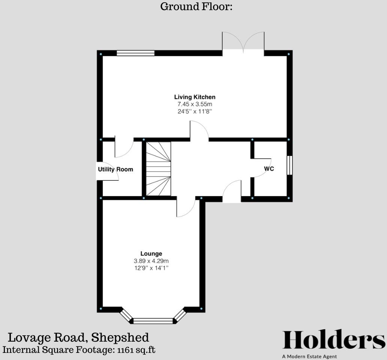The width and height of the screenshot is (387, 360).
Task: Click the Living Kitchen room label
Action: pyautogui.click(x=195, y=97)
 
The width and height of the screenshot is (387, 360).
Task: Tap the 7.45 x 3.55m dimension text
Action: pyautogui.click(x=195, y=104)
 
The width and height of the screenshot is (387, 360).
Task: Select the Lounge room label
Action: pyautogui.click(x=151, y=253)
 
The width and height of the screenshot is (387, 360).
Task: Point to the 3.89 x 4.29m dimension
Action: pyautogui.click(x=151, y=261)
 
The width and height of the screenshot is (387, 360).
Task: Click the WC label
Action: pyautogui.click(x=269, y=169)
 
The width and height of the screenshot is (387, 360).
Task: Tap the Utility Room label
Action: pyautogui.click(x=115, y=169)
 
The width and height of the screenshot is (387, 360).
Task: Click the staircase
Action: pyautogui.click(x=158, y=169)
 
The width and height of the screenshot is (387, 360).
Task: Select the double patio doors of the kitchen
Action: pyautogui.click(x=243, y=43)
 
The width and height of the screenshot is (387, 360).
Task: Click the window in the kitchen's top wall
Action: pyautogui.click(x=135, y=53)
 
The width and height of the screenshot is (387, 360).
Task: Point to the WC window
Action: pyautogui.click(x=289, y=165)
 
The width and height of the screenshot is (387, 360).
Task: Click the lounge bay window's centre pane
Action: pyautogui.click(x=153, y=321)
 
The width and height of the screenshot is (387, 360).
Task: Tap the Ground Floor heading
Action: pyautogui.click(x=196, y=6)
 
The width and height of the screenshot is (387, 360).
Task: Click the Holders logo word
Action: pyautogui.click(x=333, y=340)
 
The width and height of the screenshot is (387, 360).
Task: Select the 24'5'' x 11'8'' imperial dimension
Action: pyautogui.click(x=195, y=111)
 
